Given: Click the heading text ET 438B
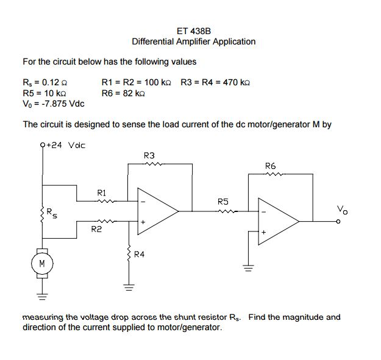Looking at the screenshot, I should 193,30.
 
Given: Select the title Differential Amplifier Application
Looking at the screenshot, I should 193,41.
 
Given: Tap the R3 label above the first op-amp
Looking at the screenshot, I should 149,155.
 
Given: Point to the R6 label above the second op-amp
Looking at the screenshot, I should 271,166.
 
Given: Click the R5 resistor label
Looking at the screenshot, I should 223,200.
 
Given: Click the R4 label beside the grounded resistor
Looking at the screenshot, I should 139,255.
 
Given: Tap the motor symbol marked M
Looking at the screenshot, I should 41,264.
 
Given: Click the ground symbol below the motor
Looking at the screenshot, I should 41,297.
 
